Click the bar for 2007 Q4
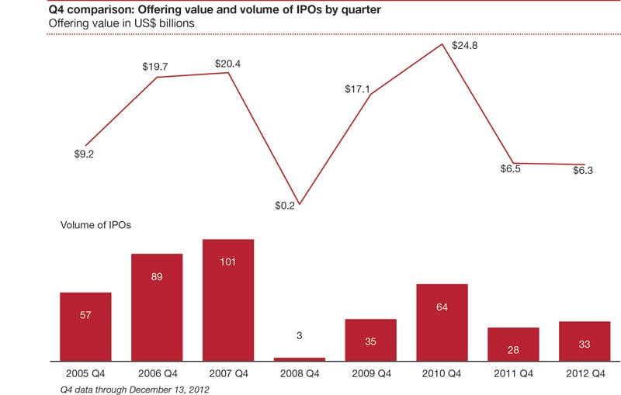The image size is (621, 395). (227, 300)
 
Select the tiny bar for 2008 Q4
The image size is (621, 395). (300, 359)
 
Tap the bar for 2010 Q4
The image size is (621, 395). (442, 322)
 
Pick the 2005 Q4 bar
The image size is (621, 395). (85, 326)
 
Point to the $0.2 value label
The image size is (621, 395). (286, 206)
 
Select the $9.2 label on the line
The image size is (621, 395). (84, 154)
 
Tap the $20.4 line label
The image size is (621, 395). (227, 64)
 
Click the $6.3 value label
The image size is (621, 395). (583, 171)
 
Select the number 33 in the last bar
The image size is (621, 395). (585, 345)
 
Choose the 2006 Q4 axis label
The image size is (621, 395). (157, 372)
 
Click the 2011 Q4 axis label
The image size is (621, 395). (513, 372)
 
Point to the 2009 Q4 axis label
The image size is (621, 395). (370, 372)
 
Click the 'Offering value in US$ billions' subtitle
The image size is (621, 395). (123, 23)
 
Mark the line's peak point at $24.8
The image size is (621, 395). (442, 44)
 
